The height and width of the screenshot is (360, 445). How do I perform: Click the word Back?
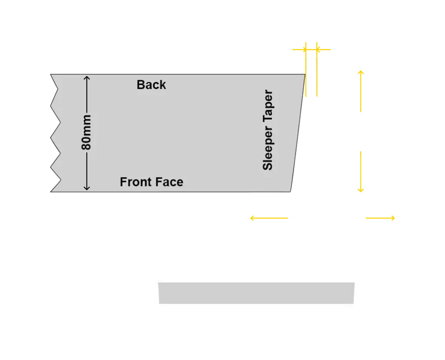tap(151, 85)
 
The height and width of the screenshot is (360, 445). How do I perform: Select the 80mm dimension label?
tap(86, 132)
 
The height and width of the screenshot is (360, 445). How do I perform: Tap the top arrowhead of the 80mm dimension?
tap(87, 78)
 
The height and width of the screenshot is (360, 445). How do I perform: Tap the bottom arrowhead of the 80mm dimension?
tap(87, 188)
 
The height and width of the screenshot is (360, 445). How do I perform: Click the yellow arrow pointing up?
tap(361, 91)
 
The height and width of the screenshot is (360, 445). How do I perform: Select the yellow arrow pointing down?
tap(361, 172)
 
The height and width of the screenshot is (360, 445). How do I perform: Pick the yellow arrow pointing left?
tap(269, 218)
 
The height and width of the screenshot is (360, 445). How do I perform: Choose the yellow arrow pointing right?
tap(380, 218)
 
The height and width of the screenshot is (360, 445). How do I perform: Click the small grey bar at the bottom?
tap(256, 293)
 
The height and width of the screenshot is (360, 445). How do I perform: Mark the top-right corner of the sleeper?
tap(305, 74)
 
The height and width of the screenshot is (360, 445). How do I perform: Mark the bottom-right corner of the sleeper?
tap(290, 192)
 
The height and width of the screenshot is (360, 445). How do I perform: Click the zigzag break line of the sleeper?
tap(56, 133)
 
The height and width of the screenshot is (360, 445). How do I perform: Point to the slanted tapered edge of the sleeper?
tap(298, 133)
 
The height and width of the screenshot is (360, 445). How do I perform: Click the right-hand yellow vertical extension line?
tap(317, 69)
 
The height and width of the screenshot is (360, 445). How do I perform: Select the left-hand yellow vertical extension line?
tap(306, 69)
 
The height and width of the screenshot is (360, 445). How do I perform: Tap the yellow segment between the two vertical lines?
tap(311, 50)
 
